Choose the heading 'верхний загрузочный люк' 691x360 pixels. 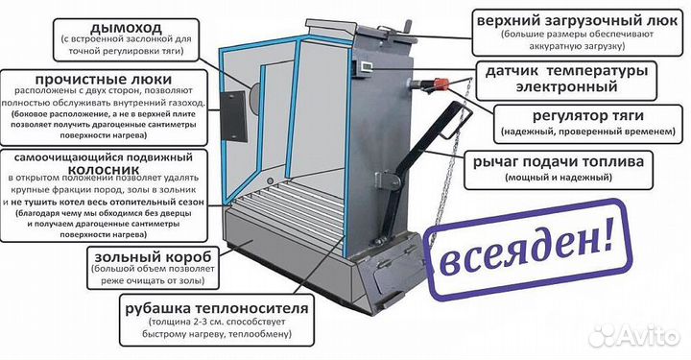point(577,19)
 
